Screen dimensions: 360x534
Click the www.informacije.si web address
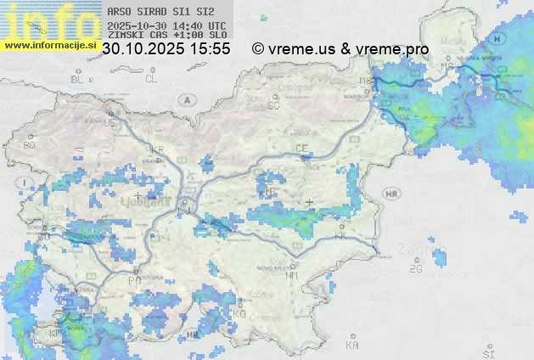[x=48, y=44]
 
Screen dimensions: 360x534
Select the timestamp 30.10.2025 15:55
[x=166, y=49]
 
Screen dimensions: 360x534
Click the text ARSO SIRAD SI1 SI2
[x=156, y=11]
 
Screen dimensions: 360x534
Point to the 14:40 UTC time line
[x=166, y=25]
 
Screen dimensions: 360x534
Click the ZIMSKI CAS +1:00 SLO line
[x=166, y=35]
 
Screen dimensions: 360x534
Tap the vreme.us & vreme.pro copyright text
[x=340, y=49]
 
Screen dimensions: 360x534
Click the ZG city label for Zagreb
[x=415, y=269]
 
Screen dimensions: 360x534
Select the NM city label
[x=292, y=275]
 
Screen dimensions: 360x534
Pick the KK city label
[x=341, y=236]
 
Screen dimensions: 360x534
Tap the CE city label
[x=301, y=149]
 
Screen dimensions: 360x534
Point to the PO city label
[x=134, y=280]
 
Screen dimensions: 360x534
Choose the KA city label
[x=351, y=346]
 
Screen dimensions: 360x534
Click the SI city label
[x=487, y=351]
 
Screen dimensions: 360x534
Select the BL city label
[x=78, y=79]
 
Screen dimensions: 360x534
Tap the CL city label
[x=151, y=79]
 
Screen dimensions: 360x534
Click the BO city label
[x=30, y=145]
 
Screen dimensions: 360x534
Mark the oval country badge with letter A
[x=184, y=99]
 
